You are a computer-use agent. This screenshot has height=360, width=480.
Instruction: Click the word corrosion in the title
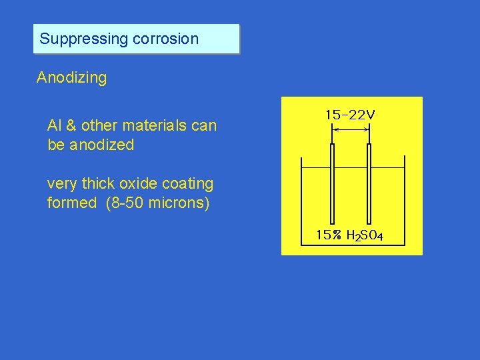(165, 39)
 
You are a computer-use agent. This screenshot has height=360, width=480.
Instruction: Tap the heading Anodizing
(71, 78)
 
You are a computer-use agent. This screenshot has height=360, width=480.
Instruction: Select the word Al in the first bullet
(53, 125)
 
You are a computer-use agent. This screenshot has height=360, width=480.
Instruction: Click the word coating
(189, 184)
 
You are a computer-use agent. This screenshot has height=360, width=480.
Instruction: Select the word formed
(72, 203)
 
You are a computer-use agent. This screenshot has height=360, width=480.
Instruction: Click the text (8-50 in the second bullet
(125, 203)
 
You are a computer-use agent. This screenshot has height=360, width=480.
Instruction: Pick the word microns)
(179, 203)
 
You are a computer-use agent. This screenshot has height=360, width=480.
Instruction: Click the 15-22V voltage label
(350, 115)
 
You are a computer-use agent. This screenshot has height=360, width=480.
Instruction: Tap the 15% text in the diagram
(329, 235)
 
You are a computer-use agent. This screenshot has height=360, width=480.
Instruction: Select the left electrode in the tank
(332, 187)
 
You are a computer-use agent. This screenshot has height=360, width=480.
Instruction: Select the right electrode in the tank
(369, 187)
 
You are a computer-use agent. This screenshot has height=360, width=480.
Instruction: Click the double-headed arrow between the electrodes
(351, 131)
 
